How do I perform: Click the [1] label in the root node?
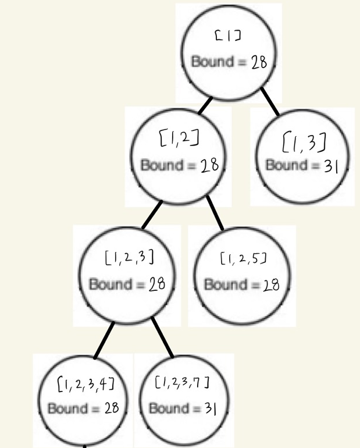pos(228,37)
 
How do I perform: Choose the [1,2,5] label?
pos(244,257)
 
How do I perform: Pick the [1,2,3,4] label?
pos(84,383)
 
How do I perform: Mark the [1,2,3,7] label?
pos(182,382)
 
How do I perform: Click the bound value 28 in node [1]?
pos(259,62)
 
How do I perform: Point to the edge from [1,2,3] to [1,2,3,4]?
pos(103,340)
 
